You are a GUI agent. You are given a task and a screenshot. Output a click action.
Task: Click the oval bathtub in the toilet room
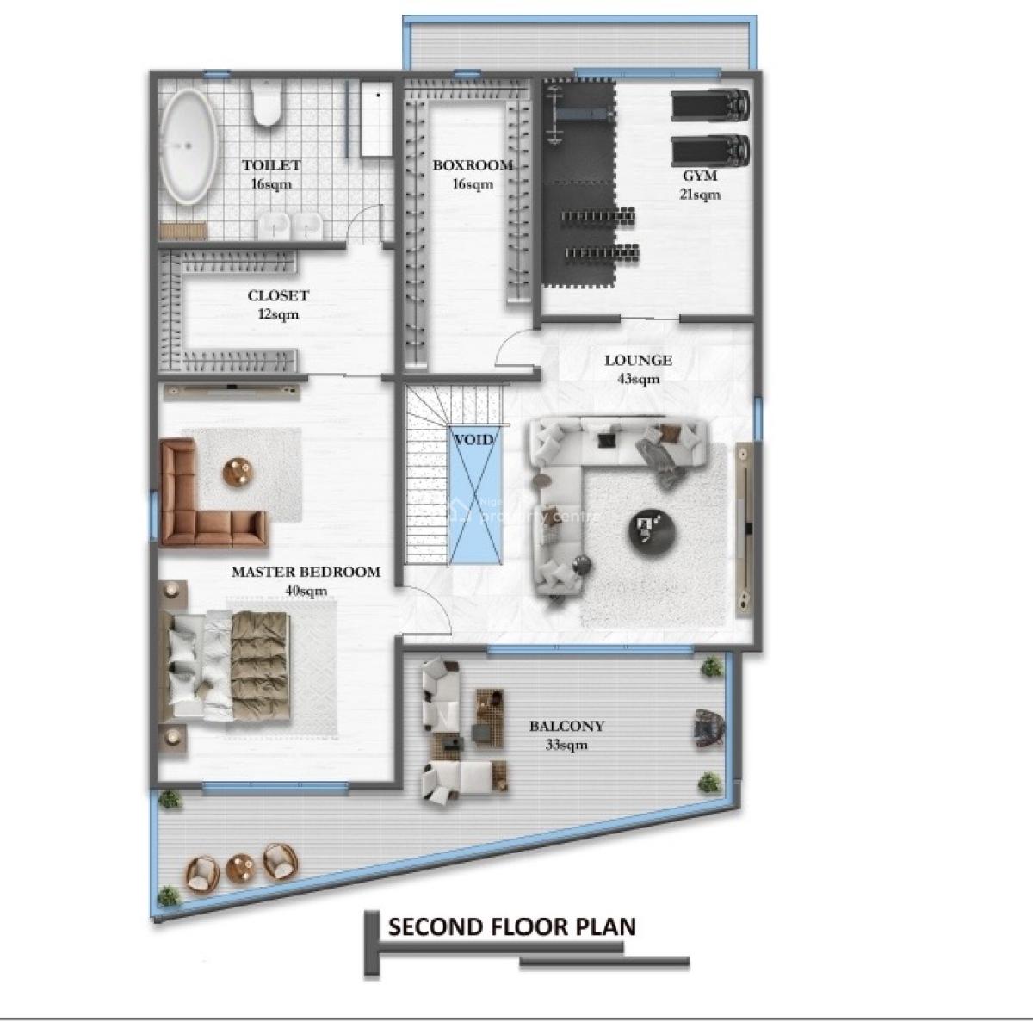point(189,146)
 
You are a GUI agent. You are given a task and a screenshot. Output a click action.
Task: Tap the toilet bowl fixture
point(266,102)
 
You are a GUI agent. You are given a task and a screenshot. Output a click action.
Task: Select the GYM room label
point(700,176)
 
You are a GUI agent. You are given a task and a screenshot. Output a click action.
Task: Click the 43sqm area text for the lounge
point(639,379)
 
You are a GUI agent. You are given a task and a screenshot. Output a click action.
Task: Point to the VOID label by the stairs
point(473,440)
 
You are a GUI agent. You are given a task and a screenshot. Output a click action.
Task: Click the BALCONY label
point(566,726)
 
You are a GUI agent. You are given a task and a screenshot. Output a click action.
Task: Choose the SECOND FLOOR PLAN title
point(512,927)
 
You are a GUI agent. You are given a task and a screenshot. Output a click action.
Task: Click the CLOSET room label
point(278,295)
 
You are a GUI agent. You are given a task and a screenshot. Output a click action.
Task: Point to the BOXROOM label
point(473,165)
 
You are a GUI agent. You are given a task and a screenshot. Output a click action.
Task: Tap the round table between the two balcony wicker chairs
point(240,868)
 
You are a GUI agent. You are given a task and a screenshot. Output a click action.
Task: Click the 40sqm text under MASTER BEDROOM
point(306,591)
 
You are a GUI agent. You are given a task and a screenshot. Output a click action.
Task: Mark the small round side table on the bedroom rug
point(237,472)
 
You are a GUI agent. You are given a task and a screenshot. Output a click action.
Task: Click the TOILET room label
point(271,165)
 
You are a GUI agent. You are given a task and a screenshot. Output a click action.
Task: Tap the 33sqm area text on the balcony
point(566,745)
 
